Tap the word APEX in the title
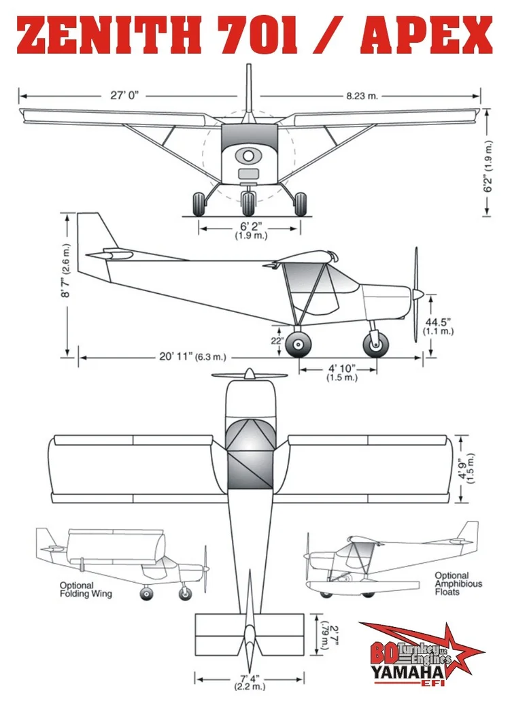point(426,35)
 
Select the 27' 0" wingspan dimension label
point(124,95)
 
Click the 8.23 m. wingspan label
point(362,96)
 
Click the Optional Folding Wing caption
point(86,590)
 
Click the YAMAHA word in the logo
point(408,672)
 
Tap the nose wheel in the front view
point(248,204)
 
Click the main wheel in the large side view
point(299,345)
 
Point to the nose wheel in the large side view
point(376,345)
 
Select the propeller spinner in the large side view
point(418,294)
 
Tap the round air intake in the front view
point(248,156)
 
